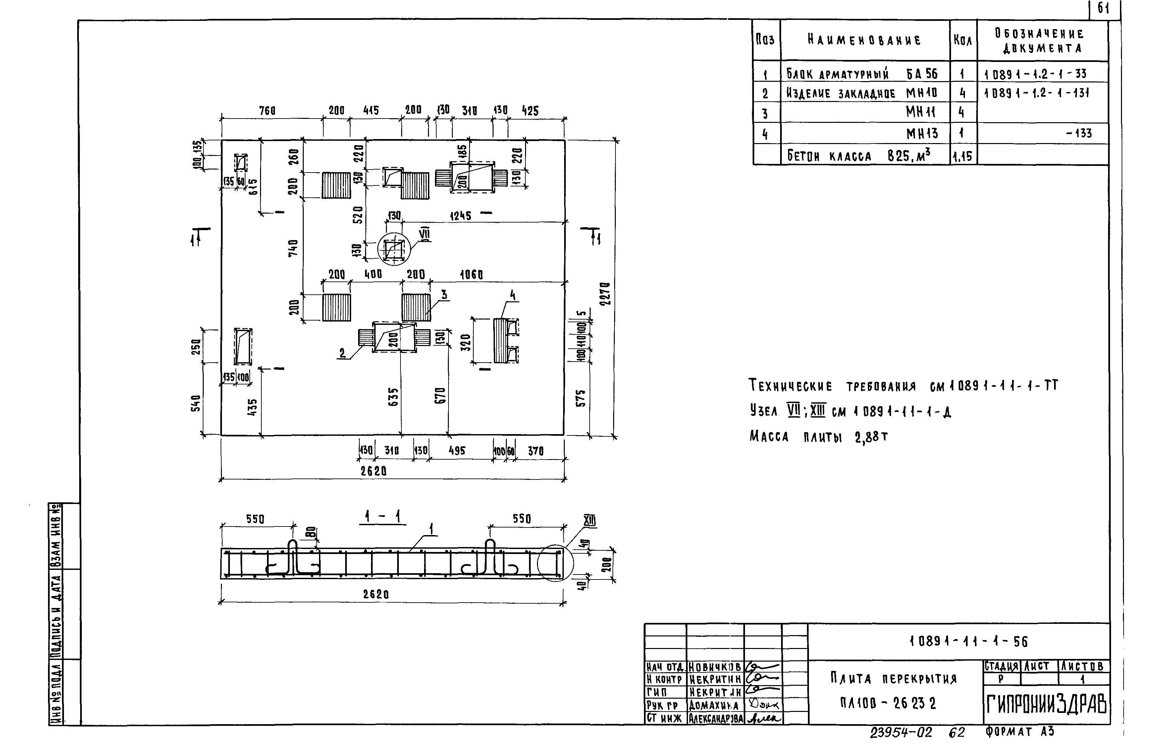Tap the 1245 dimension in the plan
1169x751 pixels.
pyautogui.click(x=460, y=216)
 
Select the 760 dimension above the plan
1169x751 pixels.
pyautogui.click(x=267, y=111)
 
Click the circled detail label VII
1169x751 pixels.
pyautogui.click(x=425, y=234)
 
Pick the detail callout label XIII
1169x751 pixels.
pyautogui.click(x=590, y=521)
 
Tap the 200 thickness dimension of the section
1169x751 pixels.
pyautogui.click(x=606, y=565)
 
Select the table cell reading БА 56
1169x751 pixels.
pyautogui.click(x=922, y=74)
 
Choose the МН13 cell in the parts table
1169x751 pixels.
pyautogui.click(x=922, y=133)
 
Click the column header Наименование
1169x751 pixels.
pyautogui.click(x=864, y=40)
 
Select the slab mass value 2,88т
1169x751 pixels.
pyautogui.click(x=871, y=437)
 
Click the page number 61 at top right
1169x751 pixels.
pyautogui.click(x=1103, y=8)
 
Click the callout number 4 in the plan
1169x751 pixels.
pyautogui.click(x=512, y=295)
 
